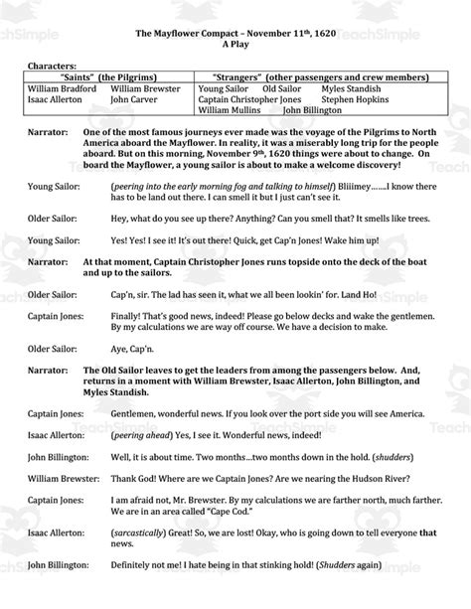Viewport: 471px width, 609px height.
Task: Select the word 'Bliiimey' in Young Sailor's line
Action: (x=359, y=187)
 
